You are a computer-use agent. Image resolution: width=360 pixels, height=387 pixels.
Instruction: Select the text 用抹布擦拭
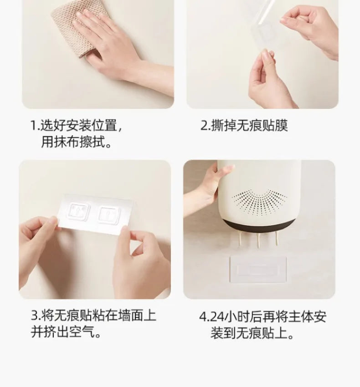tap(77, 142)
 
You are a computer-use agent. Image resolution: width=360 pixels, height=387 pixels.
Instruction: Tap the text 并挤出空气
tap(66, 332)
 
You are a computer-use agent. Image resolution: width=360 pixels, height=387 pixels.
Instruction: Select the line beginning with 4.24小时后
tap(262, 316)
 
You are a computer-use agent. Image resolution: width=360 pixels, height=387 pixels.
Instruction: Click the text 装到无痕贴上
tap(252, 334)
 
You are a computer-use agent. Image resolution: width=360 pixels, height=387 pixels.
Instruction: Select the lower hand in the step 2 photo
tap(269, 82)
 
